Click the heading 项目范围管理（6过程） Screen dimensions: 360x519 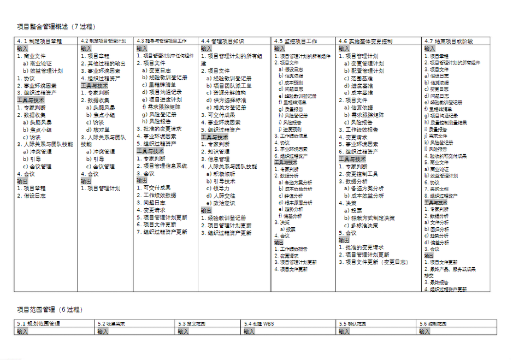coord(50,310)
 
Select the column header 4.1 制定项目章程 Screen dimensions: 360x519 coord(39,41)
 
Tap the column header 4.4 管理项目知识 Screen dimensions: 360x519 coord(222,41)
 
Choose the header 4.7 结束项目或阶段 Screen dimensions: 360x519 coord(449,41)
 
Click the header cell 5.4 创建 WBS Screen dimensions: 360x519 coord(259,324)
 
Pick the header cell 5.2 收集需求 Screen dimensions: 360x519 coord(111,324)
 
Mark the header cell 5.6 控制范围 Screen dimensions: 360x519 coord(431,324)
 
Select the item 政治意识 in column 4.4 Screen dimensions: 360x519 coord(223,203)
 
